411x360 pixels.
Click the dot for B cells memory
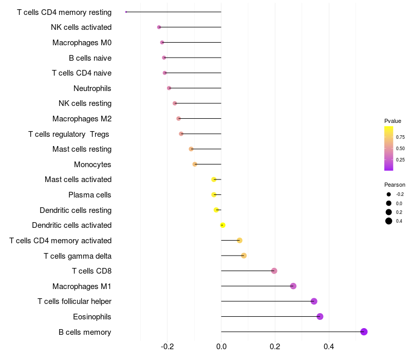pos(364,332)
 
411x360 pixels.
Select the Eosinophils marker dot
pos(320,316)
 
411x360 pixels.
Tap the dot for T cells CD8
pos(274,271)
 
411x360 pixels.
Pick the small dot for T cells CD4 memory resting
pos(126,12)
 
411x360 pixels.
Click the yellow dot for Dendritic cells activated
pos(222,225)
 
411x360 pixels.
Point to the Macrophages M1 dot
pos(293,286)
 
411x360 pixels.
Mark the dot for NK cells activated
pos(159,27)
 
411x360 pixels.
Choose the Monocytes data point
pos(195,164)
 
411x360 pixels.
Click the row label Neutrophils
pos(92,88)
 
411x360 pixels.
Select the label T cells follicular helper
pos(74,301)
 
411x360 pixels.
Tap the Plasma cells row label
pos(89,195)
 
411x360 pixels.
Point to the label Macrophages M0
pos(82,43)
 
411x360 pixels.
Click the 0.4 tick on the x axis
pos(329,347)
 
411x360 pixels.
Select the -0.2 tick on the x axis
pos(167,347)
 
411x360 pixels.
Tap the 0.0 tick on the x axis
pos(221,347)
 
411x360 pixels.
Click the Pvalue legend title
pos(393,121)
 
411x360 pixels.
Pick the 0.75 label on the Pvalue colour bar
pos(400,137)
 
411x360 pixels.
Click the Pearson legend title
pos(395,185)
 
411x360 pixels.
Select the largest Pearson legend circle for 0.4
pos(389,221)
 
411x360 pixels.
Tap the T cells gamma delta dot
pos(244,256)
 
